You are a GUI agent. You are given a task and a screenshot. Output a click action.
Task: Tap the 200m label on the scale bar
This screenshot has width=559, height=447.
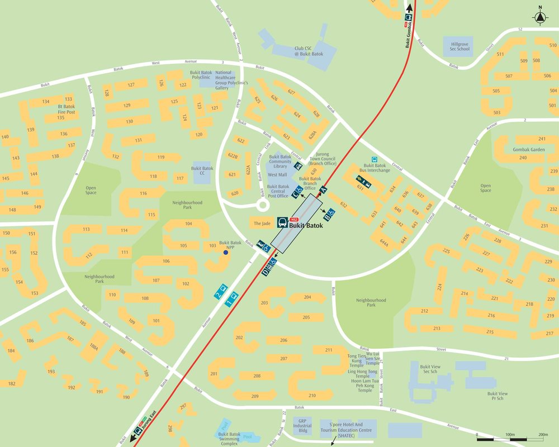pyautogui.click(x=543, y=434)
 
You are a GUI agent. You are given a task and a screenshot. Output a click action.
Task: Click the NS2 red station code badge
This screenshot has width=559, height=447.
pyautogui.click(x=295, y=219)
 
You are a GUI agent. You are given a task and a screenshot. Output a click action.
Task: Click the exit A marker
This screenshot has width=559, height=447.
pyautogui.click(x=323, y=189)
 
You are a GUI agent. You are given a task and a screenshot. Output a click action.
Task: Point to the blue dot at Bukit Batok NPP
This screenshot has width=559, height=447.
pyautogui.click(x=226, y=253)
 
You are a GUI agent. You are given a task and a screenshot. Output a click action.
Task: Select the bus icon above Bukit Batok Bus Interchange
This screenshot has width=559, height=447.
pyautogui.click(x=375, y=159)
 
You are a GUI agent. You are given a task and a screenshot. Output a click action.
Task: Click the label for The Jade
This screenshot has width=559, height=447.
pyautogui.click(x=262, y=223)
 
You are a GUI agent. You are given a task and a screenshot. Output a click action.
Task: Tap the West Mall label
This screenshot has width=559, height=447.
pyautogui.click(x=277, y=175)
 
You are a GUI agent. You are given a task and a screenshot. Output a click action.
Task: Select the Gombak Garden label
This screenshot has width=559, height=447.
pyautogui.click(x=528, y=150)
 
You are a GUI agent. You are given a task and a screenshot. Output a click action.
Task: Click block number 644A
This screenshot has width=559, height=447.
pyautogui.click(x=383, y=242)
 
